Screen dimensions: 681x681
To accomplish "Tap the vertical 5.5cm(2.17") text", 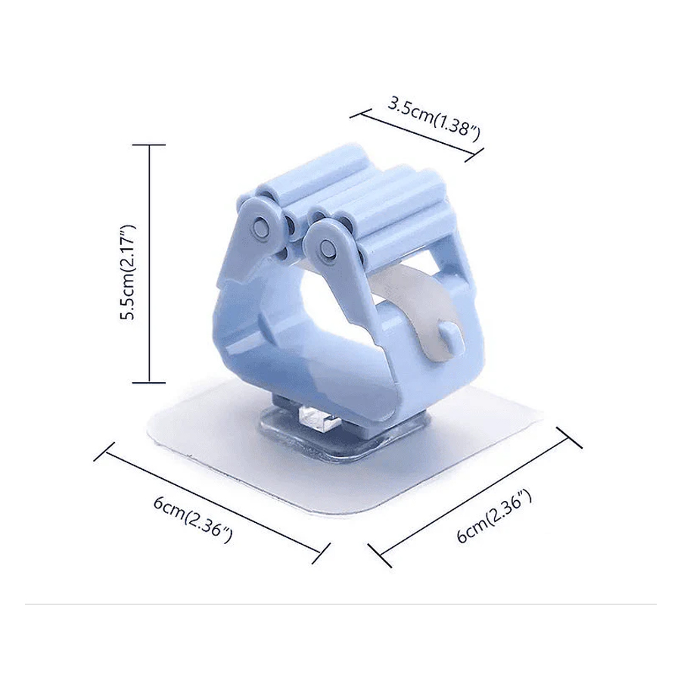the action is point(128,272).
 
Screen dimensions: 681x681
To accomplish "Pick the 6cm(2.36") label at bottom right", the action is point(494,518).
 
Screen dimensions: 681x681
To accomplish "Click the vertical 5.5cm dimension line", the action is point(150,263).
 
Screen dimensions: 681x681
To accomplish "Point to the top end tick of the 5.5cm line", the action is point(150,145).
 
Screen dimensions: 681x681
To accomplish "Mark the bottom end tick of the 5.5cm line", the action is point(150,383).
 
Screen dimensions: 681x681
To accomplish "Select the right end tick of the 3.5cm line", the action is point(474,154).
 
